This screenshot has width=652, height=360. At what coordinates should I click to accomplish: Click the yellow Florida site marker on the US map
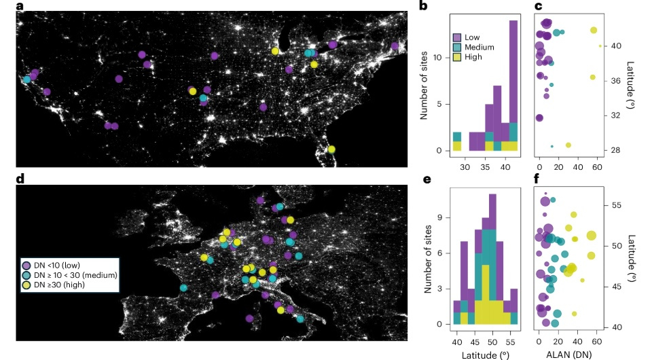pyautogui.click(x=331, y=149)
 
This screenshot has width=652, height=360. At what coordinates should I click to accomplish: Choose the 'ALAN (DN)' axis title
pyautogui.click(x=569, y=353)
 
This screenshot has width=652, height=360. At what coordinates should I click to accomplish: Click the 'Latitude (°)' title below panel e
pyautogui.click(x=484, y=353)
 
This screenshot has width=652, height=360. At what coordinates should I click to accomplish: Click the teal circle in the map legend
pyautogui.click(x=27, y=275)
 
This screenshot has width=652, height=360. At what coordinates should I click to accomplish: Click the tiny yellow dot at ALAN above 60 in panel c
pyautogui.click(x=600, y=46)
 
